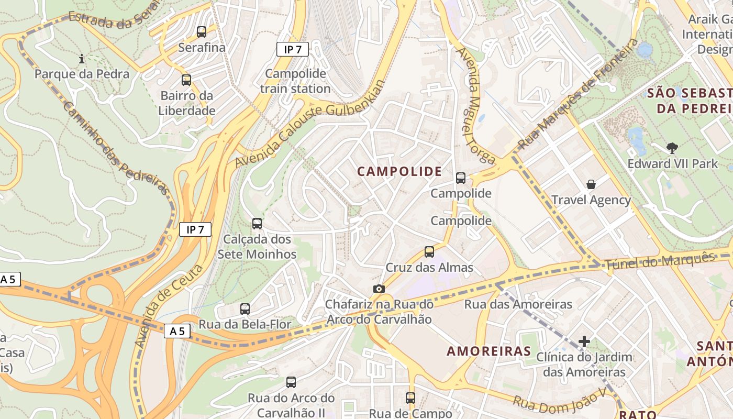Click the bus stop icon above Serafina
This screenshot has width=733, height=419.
pos(202,32)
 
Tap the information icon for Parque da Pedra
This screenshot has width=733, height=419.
pos(82,59)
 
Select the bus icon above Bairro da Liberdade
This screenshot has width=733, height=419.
pos(186,80)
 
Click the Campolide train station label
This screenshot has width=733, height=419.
pos(295,81)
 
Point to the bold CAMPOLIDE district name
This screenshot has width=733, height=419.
pos(399,171)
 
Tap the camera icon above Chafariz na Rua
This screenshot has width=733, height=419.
pos(379,289)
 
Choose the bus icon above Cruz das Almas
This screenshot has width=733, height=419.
pos(429,252)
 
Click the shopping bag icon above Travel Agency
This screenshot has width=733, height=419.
pos(591,184)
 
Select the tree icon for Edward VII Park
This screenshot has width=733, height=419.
pos(672,148)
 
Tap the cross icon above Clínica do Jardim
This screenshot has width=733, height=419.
pos(584,342)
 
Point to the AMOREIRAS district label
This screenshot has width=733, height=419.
pos(489,351)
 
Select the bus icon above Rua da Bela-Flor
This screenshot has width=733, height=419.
pos(245,309)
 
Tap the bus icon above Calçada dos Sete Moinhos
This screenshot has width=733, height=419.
pos(257,224)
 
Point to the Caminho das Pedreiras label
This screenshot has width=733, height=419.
pos(116,148)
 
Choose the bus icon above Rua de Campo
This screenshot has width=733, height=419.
pos(410,398)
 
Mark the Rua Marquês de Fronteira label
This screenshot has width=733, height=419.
pos(578,94)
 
